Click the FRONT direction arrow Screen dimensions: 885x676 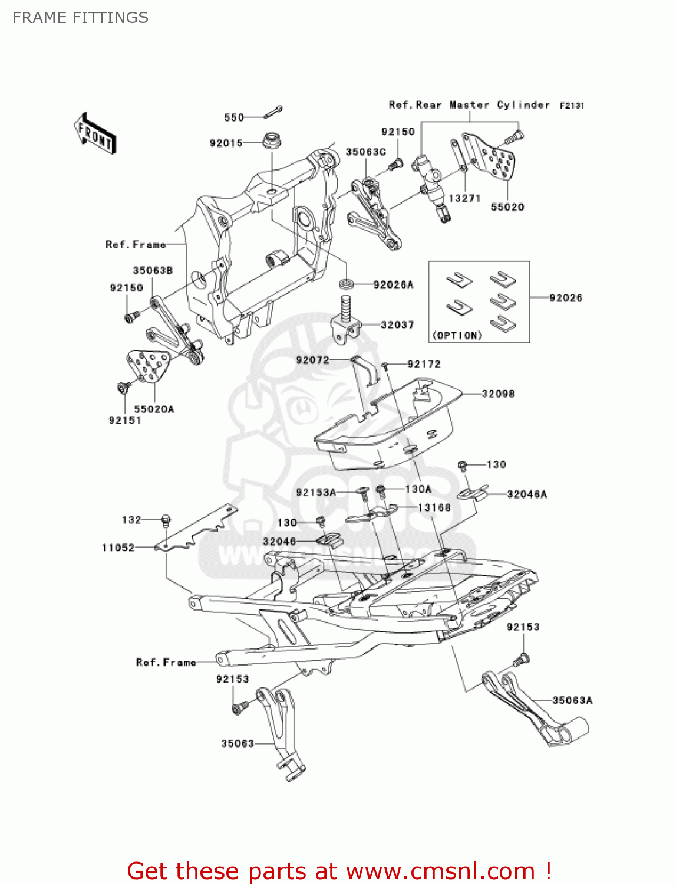[95, 133]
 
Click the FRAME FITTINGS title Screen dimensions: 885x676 [80, 18]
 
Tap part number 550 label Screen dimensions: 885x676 [234, 117]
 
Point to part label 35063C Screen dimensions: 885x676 [365, 152]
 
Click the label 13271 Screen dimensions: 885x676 [464, 199]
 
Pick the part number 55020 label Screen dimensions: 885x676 [507, 207]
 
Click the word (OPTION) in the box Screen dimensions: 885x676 [457, 335]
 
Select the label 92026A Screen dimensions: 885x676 [393, 284]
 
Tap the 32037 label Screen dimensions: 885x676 [397, 324]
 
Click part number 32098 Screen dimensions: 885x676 [498, 394]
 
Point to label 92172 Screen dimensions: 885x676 [424, 364]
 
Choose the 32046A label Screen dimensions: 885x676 [527, 494]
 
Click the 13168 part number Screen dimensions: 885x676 [434, 507]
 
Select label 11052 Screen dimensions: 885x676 [118, 548]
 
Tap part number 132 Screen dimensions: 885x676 [131, 520]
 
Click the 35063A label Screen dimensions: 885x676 [572, 700]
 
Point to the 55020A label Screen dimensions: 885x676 [154, 409]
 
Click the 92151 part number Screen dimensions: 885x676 [125, 420]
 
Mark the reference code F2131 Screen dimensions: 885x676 [572, 106]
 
